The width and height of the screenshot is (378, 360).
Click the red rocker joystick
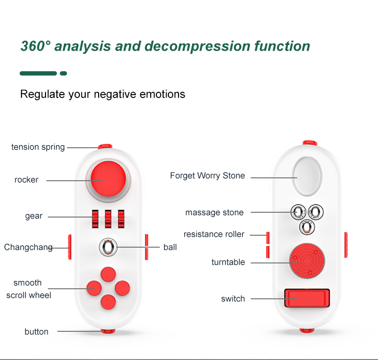click(108, 179)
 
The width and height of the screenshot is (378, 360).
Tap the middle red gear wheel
click(108, 219)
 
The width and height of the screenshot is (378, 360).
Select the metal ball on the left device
click(108, 247)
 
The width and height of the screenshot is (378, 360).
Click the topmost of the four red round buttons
click(108, 274)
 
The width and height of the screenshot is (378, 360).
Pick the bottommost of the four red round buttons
click(108, 302)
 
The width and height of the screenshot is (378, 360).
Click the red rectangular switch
click(307, 298)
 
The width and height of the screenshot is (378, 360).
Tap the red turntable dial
click(307, 261)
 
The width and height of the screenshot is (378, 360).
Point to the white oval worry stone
click(307, 176)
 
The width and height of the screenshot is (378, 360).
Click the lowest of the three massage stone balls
click(307, 227)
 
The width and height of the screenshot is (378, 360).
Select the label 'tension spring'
click(38, 147)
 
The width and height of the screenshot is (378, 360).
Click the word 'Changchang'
click(28, 247)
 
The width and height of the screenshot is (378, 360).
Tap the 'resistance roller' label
click(214, 234)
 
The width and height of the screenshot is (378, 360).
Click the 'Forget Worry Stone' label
click(207, 175)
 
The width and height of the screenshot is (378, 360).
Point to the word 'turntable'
click(228, 262)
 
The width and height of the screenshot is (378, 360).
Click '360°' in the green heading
click(36, 46)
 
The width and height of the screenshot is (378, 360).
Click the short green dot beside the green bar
click(64, 74)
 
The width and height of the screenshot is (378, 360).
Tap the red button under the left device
click(108, 331)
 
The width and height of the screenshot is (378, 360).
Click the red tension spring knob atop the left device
click(105, 146)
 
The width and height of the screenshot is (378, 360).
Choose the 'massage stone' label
click(214, 212)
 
